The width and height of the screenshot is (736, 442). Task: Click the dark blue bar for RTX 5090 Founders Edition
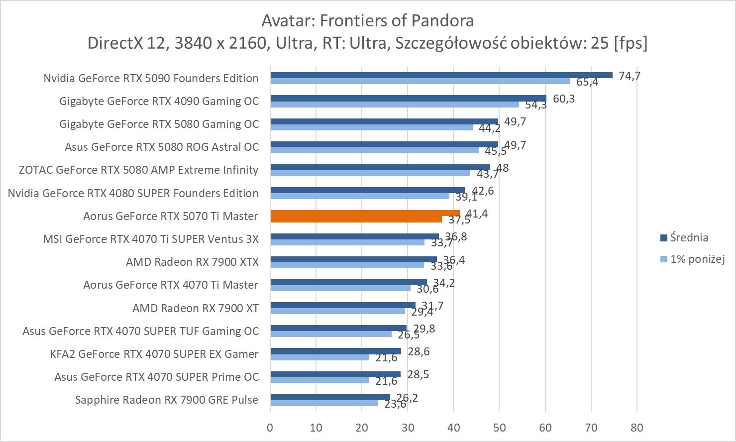pos(441,75)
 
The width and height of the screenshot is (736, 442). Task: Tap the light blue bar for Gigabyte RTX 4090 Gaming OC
pos(395,105)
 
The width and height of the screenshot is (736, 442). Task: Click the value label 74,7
pos(630,76)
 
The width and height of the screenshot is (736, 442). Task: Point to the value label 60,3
pos(564,99)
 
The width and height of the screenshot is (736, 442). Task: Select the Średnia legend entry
pos(689,237)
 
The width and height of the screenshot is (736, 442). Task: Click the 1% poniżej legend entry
pos(697,259)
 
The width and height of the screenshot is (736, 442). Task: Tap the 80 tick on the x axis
pos(636,427)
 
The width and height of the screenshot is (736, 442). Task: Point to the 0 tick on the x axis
pos(270,427)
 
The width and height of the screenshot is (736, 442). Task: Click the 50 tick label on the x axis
pos(499,427)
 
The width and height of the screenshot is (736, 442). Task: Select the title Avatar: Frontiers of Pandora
pos(367,20)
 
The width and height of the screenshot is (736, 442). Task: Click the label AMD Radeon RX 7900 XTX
pos(192,262)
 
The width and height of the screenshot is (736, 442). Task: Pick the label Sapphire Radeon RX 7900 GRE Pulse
pos(167,400)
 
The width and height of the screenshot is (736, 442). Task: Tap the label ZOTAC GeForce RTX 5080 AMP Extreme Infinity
pos(138,170)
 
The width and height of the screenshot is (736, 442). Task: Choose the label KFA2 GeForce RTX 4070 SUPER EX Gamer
pos(154,354)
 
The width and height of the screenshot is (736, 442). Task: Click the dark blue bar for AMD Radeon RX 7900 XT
pos(342,305)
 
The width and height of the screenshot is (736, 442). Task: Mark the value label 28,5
pos(418,374)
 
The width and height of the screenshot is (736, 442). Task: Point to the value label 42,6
pos(483,191)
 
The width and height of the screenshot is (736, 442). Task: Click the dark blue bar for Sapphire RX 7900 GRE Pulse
pos(330,397)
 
